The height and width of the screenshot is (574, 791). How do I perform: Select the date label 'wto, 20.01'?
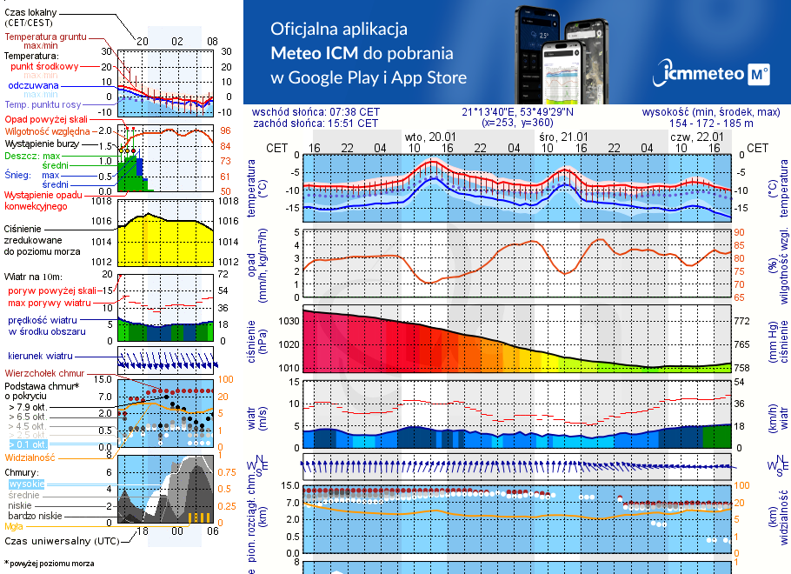pos(430,137)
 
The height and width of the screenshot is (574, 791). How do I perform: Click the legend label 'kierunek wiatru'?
pos(39,357)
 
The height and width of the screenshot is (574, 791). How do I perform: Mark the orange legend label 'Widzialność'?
pos(30,457)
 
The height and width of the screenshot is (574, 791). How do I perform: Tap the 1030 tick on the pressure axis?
pos(289,322)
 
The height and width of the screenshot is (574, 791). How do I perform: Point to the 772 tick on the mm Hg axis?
pos(743,322)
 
